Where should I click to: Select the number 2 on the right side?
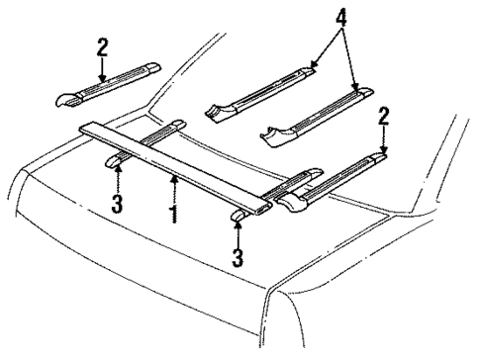pos(383,118)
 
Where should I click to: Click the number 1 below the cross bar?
pos(173,212)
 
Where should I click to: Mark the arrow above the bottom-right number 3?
pos(239,234)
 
